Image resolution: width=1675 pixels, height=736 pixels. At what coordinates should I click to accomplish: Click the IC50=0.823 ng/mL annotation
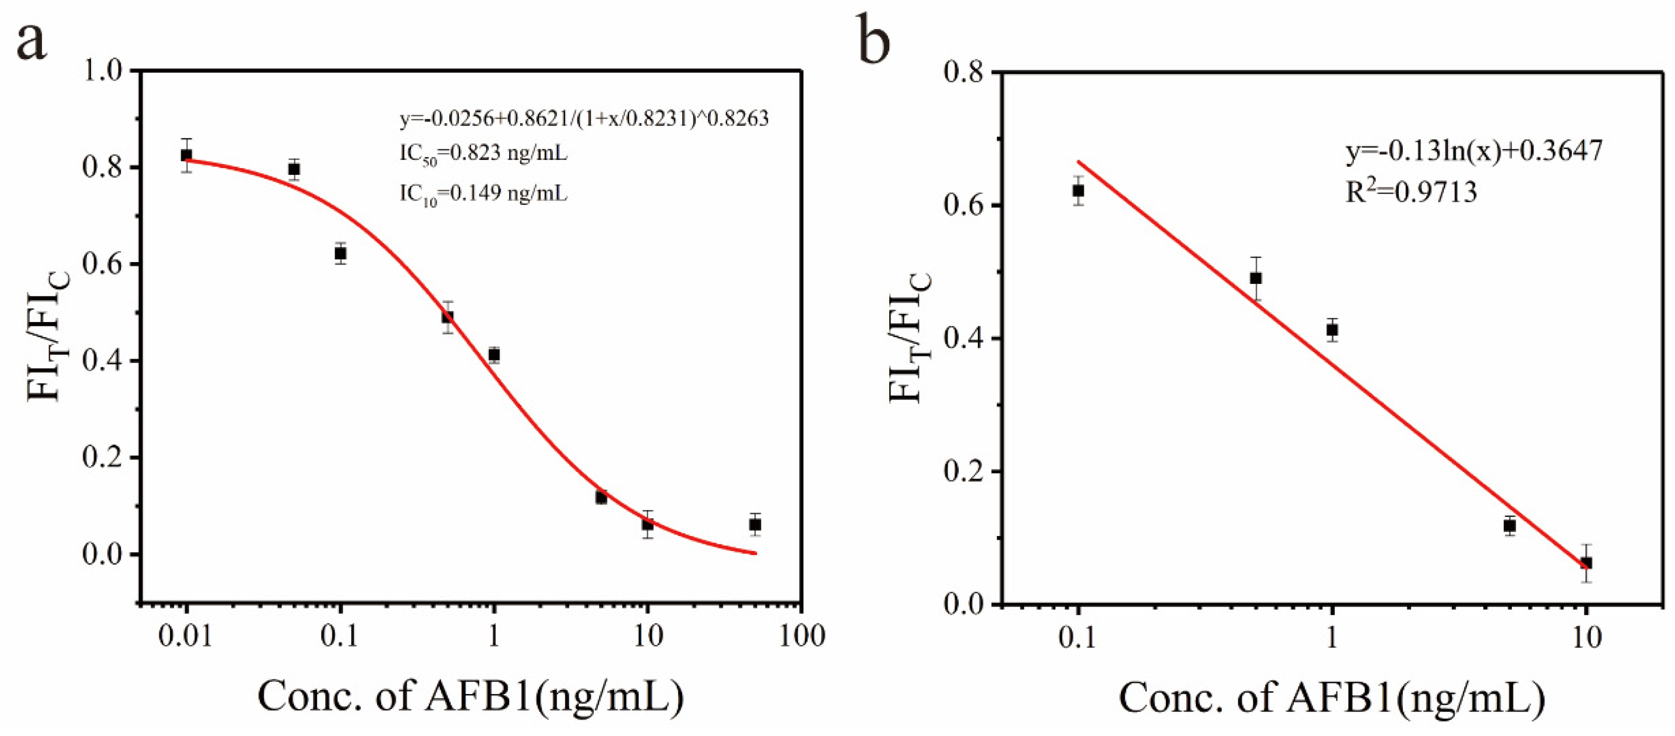coord(483,154)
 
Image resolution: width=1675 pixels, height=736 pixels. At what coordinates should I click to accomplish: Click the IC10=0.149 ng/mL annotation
coord(483,194)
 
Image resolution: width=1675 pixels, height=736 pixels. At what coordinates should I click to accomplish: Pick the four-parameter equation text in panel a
coord(583,118)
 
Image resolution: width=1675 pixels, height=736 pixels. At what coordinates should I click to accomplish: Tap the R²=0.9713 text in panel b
coord(1411,192)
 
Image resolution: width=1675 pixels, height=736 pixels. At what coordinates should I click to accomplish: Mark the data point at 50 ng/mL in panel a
coord(755,524)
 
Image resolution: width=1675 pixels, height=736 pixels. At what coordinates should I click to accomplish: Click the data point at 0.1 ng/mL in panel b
coord(1079,190)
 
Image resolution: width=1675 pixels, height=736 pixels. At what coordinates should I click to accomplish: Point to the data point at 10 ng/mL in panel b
coord(1586,562)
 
